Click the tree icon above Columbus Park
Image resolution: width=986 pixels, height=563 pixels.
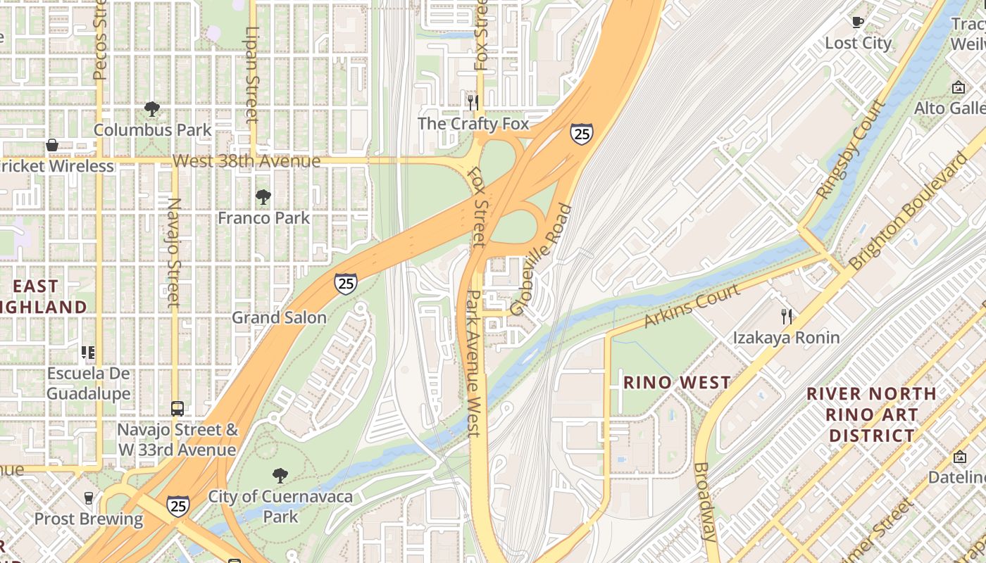pos(151,109)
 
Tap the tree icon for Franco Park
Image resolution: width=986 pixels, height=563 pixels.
pos(263,197)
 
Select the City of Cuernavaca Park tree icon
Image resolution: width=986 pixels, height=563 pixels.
pos(280,476)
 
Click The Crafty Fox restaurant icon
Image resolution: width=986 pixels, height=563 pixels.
pos(473,103)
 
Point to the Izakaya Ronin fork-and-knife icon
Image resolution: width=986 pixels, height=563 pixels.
pos(787,317)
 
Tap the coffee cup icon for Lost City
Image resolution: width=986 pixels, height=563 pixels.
pos(858,23)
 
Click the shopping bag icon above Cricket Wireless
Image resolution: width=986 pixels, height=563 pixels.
pos(52,146)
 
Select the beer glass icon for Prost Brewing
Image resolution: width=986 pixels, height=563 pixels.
pos(89,498)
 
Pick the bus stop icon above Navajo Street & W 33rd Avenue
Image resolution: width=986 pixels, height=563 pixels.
pos(177,408)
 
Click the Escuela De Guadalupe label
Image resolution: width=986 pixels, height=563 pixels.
pos(89,383)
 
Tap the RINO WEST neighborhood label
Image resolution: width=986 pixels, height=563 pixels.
pos(677,383)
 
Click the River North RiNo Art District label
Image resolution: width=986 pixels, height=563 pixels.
pos(872,415)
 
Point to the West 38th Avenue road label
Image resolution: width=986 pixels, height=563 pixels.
pos(246,161)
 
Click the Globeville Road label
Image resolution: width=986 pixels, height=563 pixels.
pos(541,260)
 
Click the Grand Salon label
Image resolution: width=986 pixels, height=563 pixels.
pos(280,317)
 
